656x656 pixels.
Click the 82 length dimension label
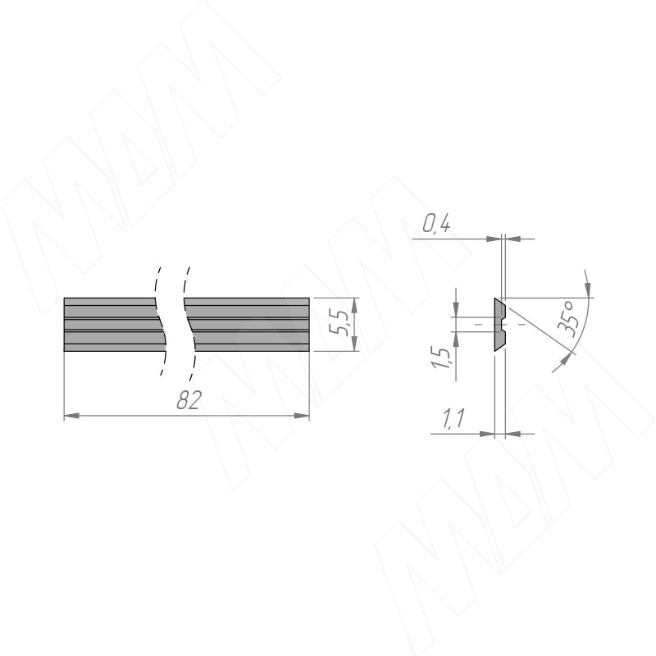pyautogui.click(x=189, y=400)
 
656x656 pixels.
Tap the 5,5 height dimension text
pyautogui.click(x=339, y=323)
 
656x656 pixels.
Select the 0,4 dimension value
pyautogui.click(x=436, y=224)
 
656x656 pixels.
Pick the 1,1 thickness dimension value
pyautogui.click(x=453, y=418)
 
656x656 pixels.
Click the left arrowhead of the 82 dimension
pyautogui.click(x=71, y=416)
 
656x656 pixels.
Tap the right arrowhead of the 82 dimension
pyautogui.click(x=302, y=416)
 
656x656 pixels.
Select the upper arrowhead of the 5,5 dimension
pyautogui.click(x=354, y=305)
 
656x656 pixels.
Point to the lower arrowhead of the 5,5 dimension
pyautogui.click(x=354, y=344)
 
